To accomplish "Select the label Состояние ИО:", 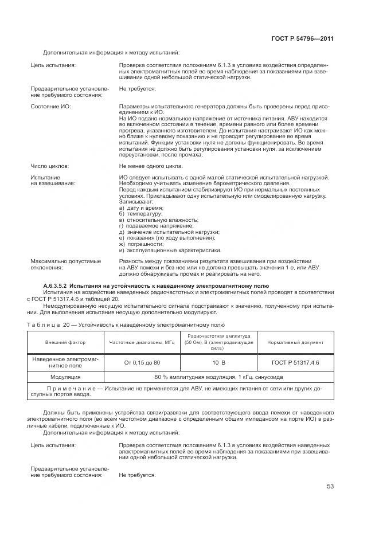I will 50,107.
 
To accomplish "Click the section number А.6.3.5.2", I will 58,285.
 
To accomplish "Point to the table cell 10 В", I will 219,362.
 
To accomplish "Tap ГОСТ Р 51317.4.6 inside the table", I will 295,362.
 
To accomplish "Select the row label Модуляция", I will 65,377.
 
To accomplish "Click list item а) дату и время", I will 141,207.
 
